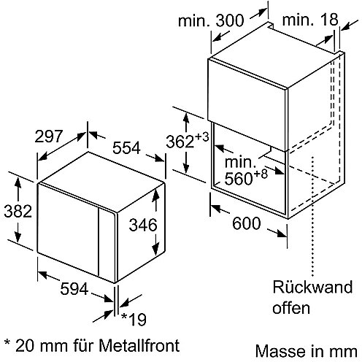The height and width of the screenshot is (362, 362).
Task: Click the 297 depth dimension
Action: click(x=49, y=136)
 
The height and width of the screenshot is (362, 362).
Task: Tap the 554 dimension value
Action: click(x=126, y=147)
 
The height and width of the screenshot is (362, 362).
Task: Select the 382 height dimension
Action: click(x=18, y=211)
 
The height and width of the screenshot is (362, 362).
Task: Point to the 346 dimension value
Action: click(x=143, y=225)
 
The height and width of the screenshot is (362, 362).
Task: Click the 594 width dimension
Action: click(x=74, y=289)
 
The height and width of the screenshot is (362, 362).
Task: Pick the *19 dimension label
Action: click(x=134, y=319)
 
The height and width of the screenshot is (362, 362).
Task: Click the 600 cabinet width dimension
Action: click(x=247, y=223)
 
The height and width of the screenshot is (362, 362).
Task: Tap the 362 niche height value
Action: click(x=180, y=142)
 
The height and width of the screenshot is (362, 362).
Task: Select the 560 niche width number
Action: click(x=239, y=179)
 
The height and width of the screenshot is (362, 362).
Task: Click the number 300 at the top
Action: click(x=230, y=20)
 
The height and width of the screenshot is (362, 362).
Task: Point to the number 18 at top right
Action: click(x=328, y=19)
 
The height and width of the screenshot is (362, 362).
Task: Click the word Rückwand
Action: click(x=312, y=287)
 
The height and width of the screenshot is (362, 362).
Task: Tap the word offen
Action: click(x=291, y=307)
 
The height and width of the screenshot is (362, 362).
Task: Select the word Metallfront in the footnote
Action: click(x=139, y=345)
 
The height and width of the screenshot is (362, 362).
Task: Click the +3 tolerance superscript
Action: click(x=201, y=137)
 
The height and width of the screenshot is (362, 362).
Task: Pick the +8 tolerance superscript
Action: click(x=261, y=174)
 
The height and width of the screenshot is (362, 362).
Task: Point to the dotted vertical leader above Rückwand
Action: click(x=312, y=216)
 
